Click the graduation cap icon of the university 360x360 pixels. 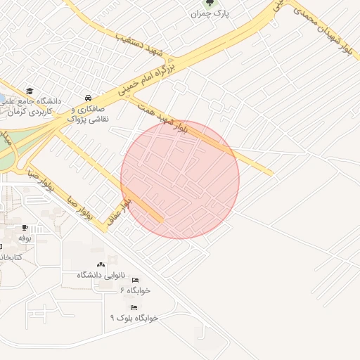click(x=30, y=91)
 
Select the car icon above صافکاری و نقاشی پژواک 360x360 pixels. click(x=87, y=98)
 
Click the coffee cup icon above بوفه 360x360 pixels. click(x=25, y=227)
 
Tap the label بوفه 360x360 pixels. click(x=25, y=239)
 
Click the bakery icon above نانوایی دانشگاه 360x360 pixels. click(x=99, y=264)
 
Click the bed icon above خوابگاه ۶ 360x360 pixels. click(x=135, y=280)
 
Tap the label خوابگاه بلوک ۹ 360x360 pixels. click(x=134, y=318)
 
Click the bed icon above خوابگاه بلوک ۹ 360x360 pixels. click(x=134, y=307)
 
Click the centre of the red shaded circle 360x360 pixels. click(x=180, y=179)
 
